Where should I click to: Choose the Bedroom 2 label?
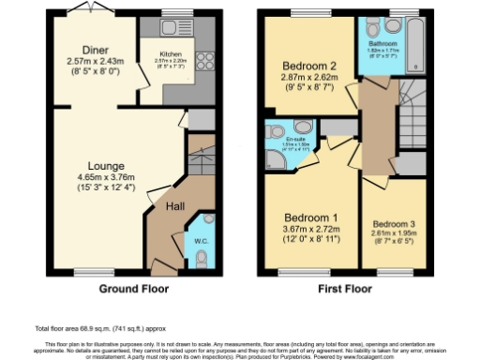(307, 66)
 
